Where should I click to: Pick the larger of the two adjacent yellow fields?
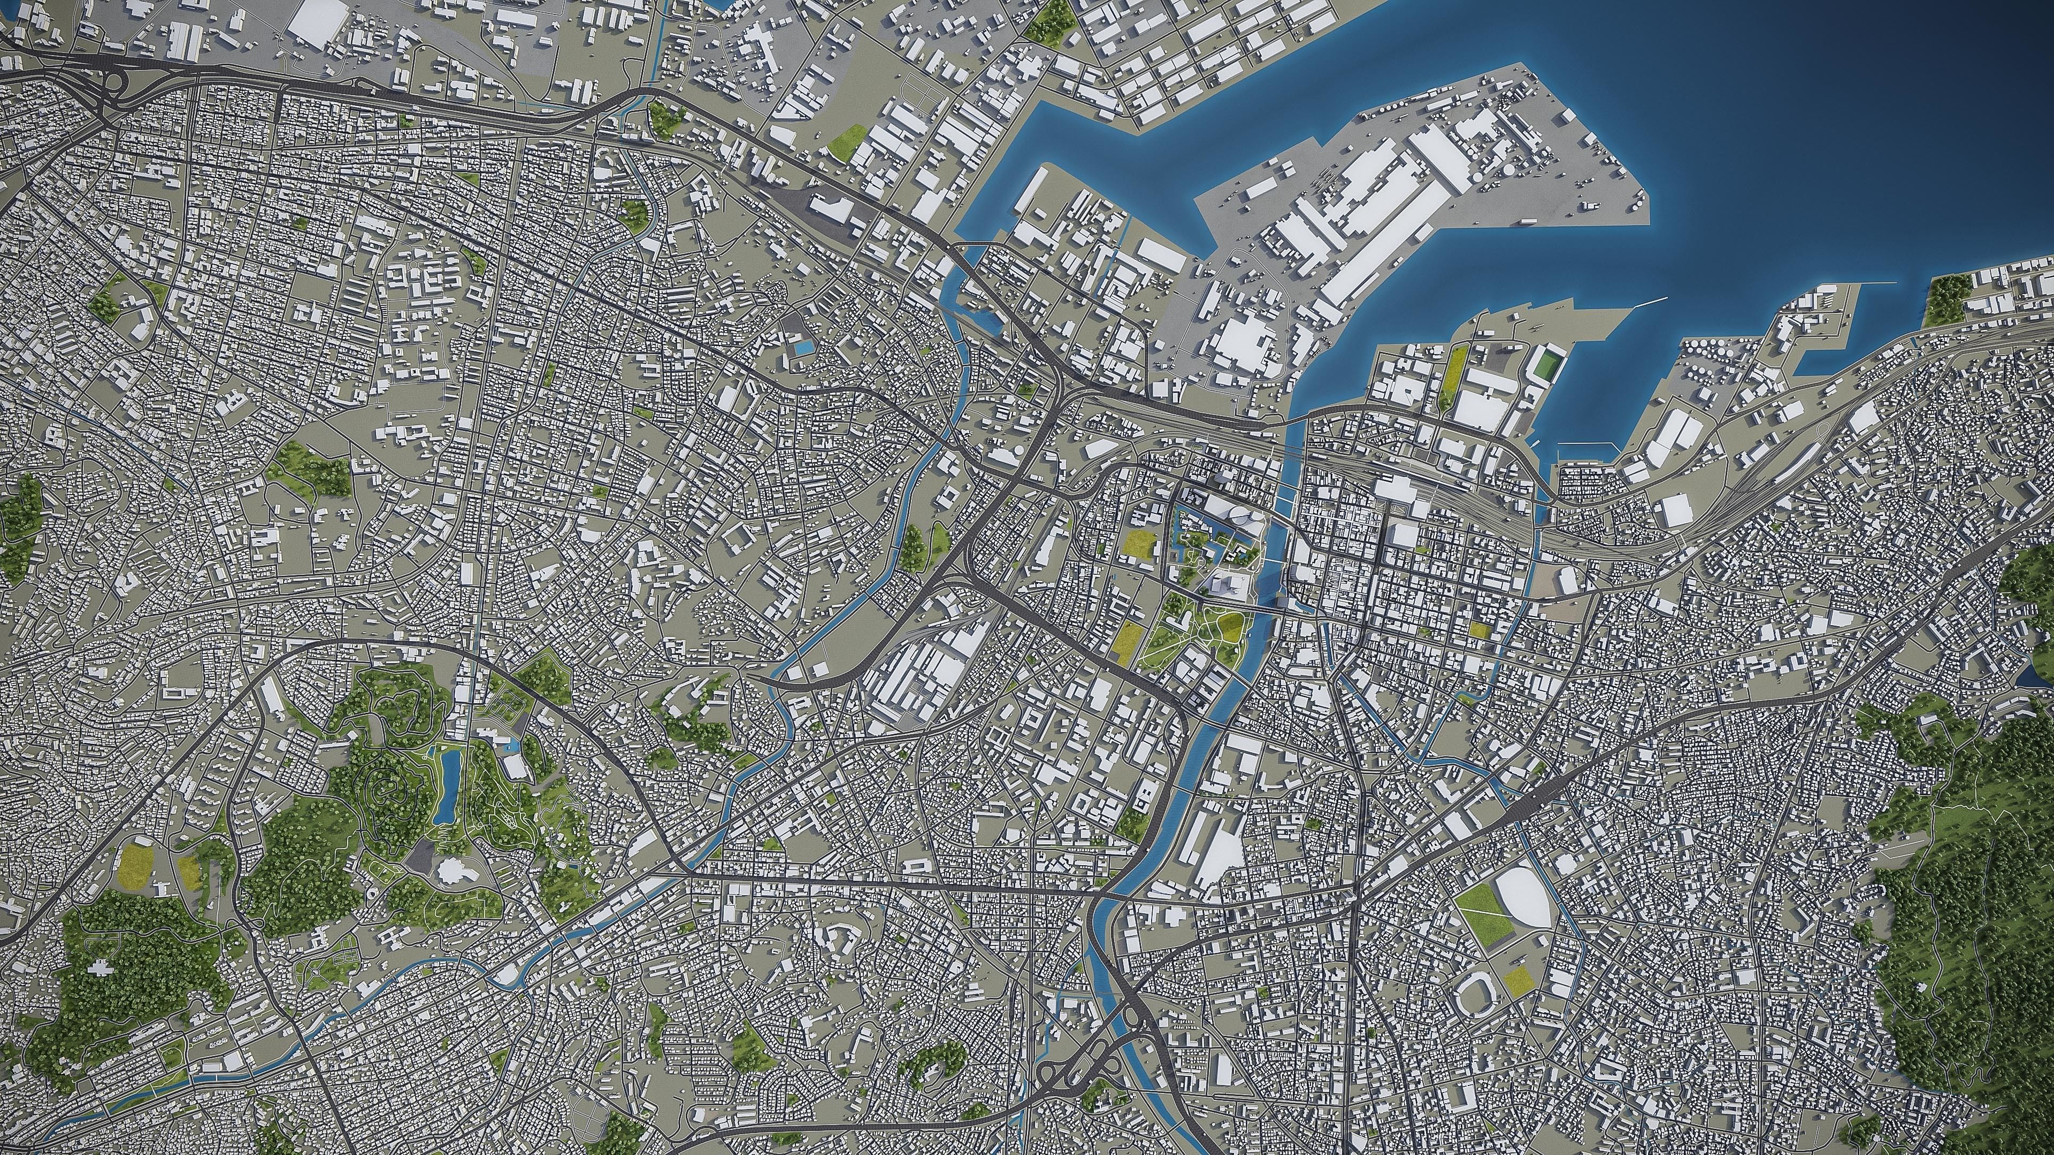coord(135,865)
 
